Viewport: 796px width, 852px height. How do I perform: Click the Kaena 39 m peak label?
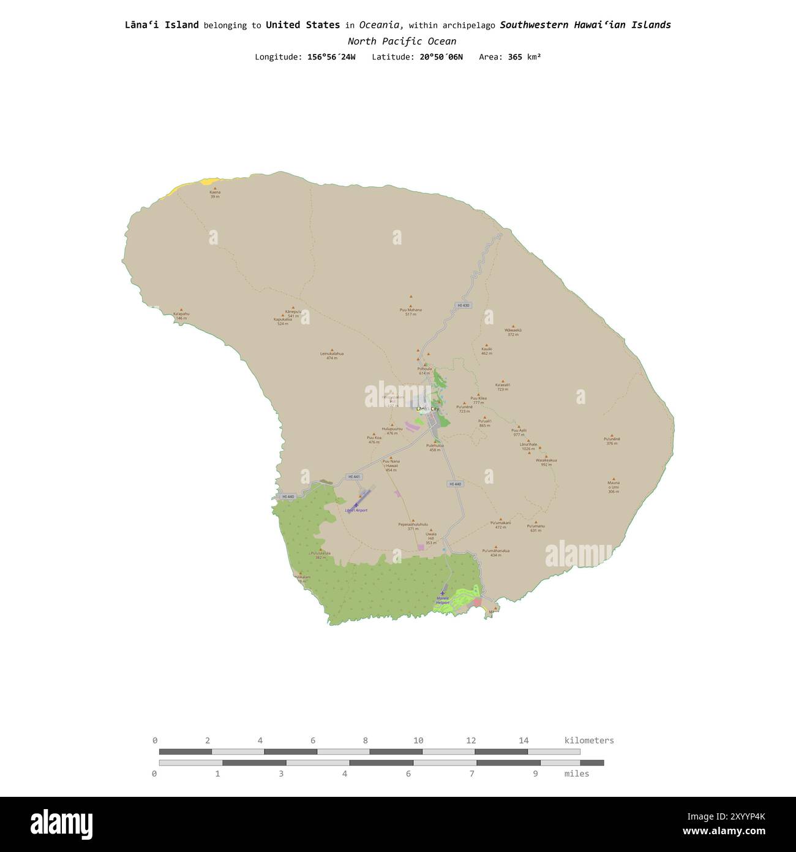pyautogui.click(x=215, y=194)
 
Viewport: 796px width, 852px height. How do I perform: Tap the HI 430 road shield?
pyautogui.click(x=463, y=305)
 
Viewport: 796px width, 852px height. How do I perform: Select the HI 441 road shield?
pyautogui.click(x=354, y=476)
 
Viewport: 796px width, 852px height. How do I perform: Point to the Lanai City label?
pyautogui.click(x=427, y=409)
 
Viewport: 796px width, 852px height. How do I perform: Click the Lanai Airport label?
pyautogui.click(x=356, y=510)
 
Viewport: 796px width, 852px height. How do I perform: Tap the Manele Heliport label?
pyautogui.click(x=443, y=600)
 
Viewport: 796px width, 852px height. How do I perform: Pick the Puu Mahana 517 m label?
pyautogui.click(x=410, y=311)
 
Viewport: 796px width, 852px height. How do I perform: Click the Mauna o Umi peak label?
pyautogui.click(x=613, y=487)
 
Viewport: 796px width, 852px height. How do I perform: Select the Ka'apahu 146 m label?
pyautogui.click(x=181, y=316)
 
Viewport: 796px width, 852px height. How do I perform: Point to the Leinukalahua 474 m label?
pyautogui.click(x=332, y=356)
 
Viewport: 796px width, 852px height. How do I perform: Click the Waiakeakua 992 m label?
pyautogui.click(x=546, y=462)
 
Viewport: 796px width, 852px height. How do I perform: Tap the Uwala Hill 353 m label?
pyautogui.click(x=431, y=538)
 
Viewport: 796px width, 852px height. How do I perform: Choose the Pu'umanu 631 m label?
pyautogui.click(x=536, y=528)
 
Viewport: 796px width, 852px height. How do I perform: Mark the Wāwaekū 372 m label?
pyautogui.click(x=513, y=332)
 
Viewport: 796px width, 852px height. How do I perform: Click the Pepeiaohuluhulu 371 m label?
pyautogui.click(x=413, y=526)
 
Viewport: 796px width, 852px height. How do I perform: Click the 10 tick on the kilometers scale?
pyautogui.click(x=418, y=740)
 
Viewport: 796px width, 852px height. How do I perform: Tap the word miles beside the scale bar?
pyautogui.click(x=576, y=774)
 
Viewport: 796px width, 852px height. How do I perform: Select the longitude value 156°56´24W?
pyautogui.click(x=331, y=57)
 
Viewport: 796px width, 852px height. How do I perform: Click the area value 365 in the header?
pyautogui.click(x=514, y=57)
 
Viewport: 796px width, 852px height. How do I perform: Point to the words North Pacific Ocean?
pyautogui.click(x=402, y=42)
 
